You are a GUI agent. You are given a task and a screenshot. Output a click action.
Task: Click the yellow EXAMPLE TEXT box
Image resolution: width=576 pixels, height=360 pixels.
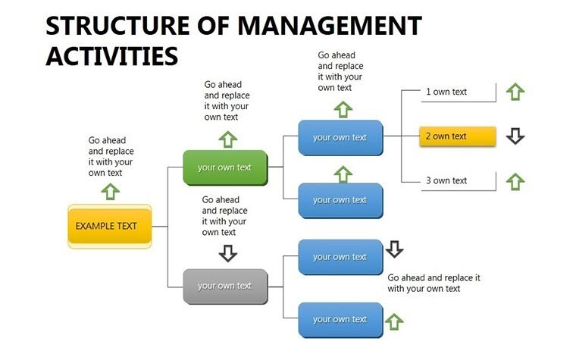110,226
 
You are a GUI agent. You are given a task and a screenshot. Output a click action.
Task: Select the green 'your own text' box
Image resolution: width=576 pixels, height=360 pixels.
225,167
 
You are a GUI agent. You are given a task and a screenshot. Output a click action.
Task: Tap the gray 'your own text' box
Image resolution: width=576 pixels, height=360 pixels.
225,286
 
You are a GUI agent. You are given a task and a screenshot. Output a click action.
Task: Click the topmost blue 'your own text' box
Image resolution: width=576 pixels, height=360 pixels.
340,137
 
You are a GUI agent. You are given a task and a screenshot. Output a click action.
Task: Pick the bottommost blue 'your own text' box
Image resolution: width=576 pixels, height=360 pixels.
340,319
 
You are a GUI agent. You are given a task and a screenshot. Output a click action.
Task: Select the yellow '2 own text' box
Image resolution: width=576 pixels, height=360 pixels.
458,136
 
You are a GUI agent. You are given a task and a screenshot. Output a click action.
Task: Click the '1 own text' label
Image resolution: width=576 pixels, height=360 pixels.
446,92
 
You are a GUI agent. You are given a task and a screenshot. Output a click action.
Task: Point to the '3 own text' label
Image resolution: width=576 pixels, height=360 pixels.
446,180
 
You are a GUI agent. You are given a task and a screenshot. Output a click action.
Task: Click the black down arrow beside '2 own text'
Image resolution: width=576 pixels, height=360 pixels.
515,136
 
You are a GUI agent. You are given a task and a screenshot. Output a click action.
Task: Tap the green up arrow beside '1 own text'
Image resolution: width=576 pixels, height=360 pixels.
515,92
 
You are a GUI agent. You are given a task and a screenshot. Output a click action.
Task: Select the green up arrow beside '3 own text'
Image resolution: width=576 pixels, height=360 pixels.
515,181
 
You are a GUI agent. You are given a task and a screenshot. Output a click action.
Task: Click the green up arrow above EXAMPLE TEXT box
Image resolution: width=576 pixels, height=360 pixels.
111,191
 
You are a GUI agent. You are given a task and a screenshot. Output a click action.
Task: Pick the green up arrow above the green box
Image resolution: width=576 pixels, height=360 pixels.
228,138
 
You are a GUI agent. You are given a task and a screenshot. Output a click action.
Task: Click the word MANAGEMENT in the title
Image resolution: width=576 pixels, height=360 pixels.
329,25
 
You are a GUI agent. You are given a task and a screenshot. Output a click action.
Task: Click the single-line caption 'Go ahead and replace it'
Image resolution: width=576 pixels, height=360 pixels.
434,277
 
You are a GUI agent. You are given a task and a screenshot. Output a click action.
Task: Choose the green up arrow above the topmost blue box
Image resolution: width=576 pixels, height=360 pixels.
343,108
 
